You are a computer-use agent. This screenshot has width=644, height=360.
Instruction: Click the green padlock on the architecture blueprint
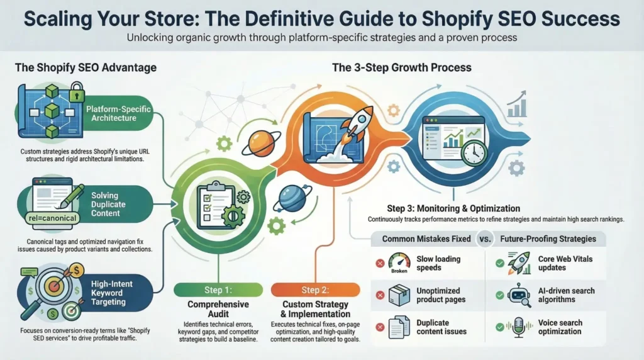click(x=76, y=92)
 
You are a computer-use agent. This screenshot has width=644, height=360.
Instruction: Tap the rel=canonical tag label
click(x=53, y=218)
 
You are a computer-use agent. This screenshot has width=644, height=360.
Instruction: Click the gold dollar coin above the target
click(x=76, y=271)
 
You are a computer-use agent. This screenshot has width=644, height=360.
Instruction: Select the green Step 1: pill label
click(x=218, y=290)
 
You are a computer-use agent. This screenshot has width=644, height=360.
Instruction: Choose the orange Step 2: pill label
click(x=316, y=290)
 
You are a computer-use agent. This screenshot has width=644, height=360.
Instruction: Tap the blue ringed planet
click(x=292, y=198)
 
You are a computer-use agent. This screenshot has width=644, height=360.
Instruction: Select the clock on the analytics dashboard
click(x=474, y=153)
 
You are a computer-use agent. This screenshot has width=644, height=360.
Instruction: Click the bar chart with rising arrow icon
click(x=517, y=104)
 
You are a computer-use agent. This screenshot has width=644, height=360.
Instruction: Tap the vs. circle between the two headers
click(x=485, y=239)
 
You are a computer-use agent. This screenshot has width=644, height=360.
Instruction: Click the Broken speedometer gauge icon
click(x=399, y=263)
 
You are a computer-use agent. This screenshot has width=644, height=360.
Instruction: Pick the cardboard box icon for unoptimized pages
click(x=399, y=295)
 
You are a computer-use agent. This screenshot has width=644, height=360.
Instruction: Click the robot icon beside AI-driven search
click(x=519, y=295)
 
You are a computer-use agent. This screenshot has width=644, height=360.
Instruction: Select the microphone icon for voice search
click(x=519, y=327)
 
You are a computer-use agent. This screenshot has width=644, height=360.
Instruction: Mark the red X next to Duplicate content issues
click(x=380, y=327)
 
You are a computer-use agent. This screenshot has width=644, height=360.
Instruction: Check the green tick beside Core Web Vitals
click(x=500, y=263)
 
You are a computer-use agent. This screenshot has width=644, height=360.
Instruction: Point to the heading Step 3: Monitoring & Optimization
click(x=453, y=208)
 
